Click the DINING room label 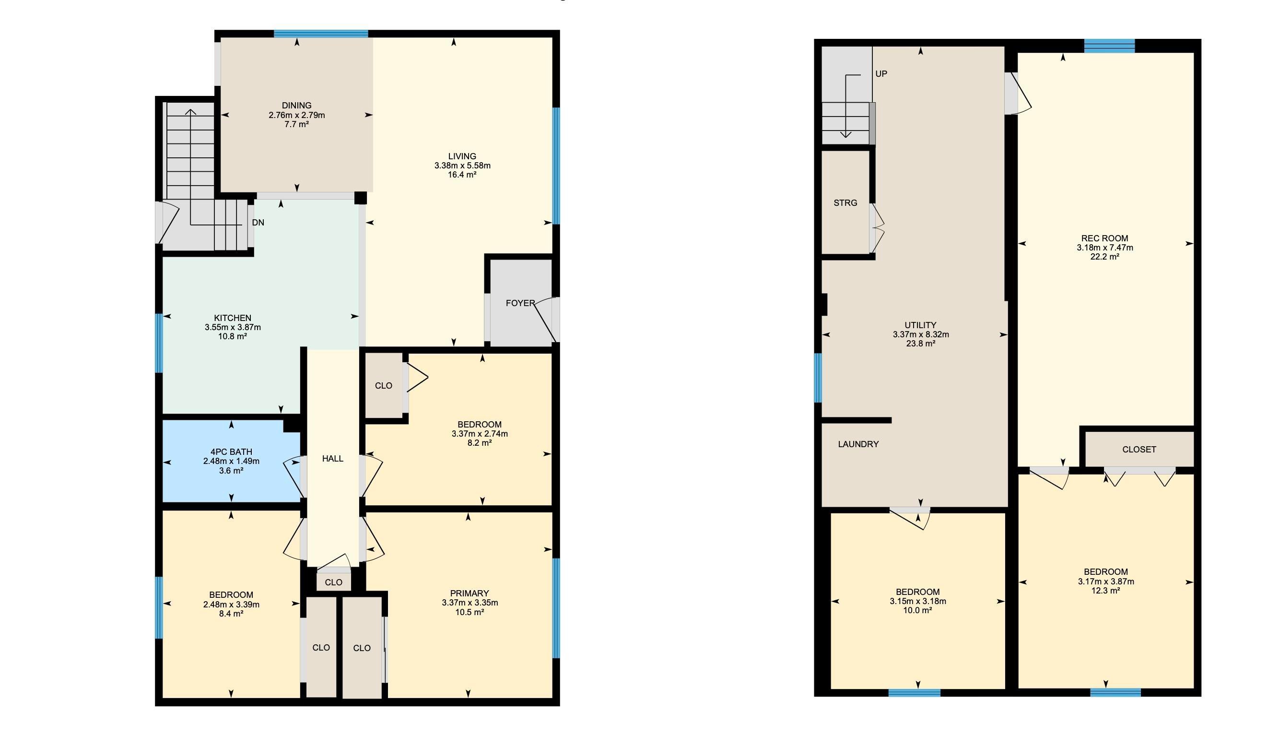click(x=296, y=106)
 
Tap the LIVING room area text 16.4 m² click(x=462, y=175)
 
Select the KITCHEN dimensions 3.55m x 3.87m click(x=233, y=327)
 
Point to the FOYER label click(x=520, y=303)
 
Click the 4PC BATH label click(x=231, y=452)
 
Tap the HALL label click(x=333, y=459)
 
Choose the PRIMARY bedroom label click(x=470, y=594)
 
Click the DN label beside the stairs click(x=258, y=223)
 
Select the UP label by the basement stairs click(x=881, y=73)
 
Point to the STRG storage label click(x=845, y=203)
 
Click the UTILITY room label click(x=920, y=325)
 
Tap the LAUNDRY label click(x=858, y=444)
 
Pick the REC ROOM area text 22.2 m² click(x=1104, y=257)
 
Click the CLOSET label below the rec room click(x=1139, y=450)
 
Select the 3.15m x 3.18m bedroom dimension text click(x=918, y=601)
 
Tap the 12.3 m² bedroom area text click(x=1105, y=591)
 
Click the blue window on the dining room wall click(x=320, y=34)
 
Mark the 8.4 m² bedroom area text click(x=231, y=614)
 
